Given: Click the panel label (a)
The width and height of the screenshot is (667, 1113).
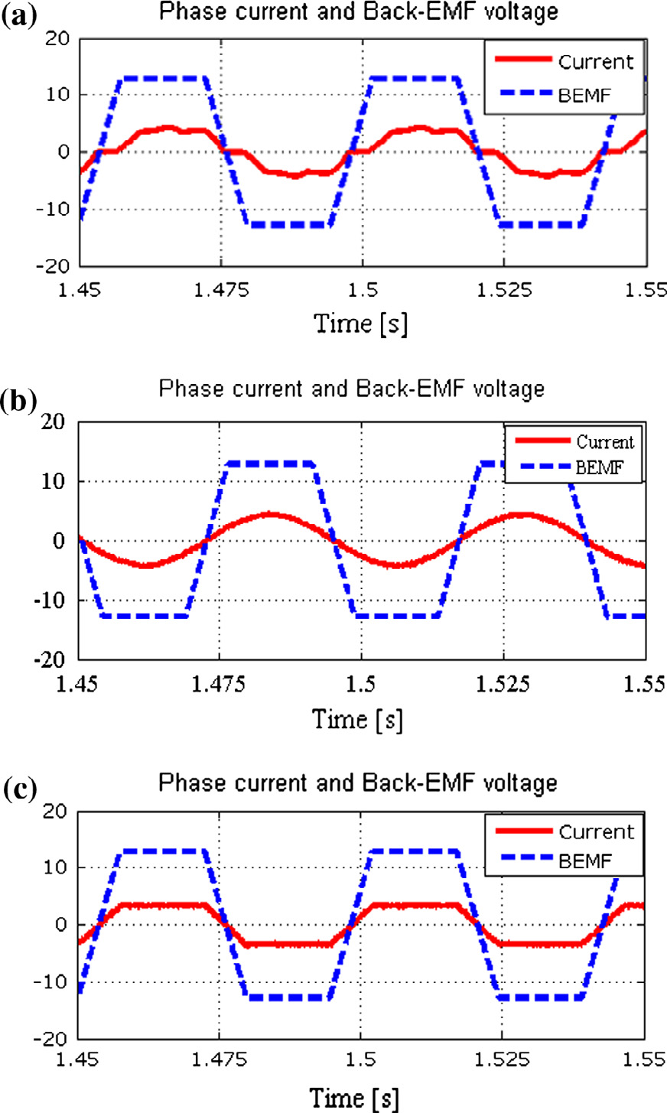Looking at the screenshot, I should click(20, 15).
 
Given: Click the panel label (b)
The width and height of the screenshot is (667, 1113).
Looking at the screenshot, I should click(20, 401).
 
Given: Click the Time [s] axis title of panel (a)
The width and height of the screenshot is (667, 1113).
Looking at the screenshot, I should click(360, 323).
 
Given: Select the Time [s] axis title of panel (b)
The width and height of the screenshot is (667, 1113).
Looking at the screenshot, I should click(357, 719).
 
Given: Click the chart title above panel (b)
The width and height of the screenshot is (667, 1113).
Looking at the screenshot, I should click(352, 389).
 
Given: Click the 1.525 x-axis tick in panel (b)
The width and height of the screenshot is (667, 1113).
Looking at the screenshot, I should click(503, 683).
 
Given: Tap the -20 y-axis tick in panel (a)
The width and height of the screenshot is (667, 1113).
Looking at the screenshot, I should click(54, 266).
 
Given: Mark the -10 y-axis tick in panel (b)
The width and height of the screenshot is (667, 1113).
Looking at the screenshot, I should click(54, 600).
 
